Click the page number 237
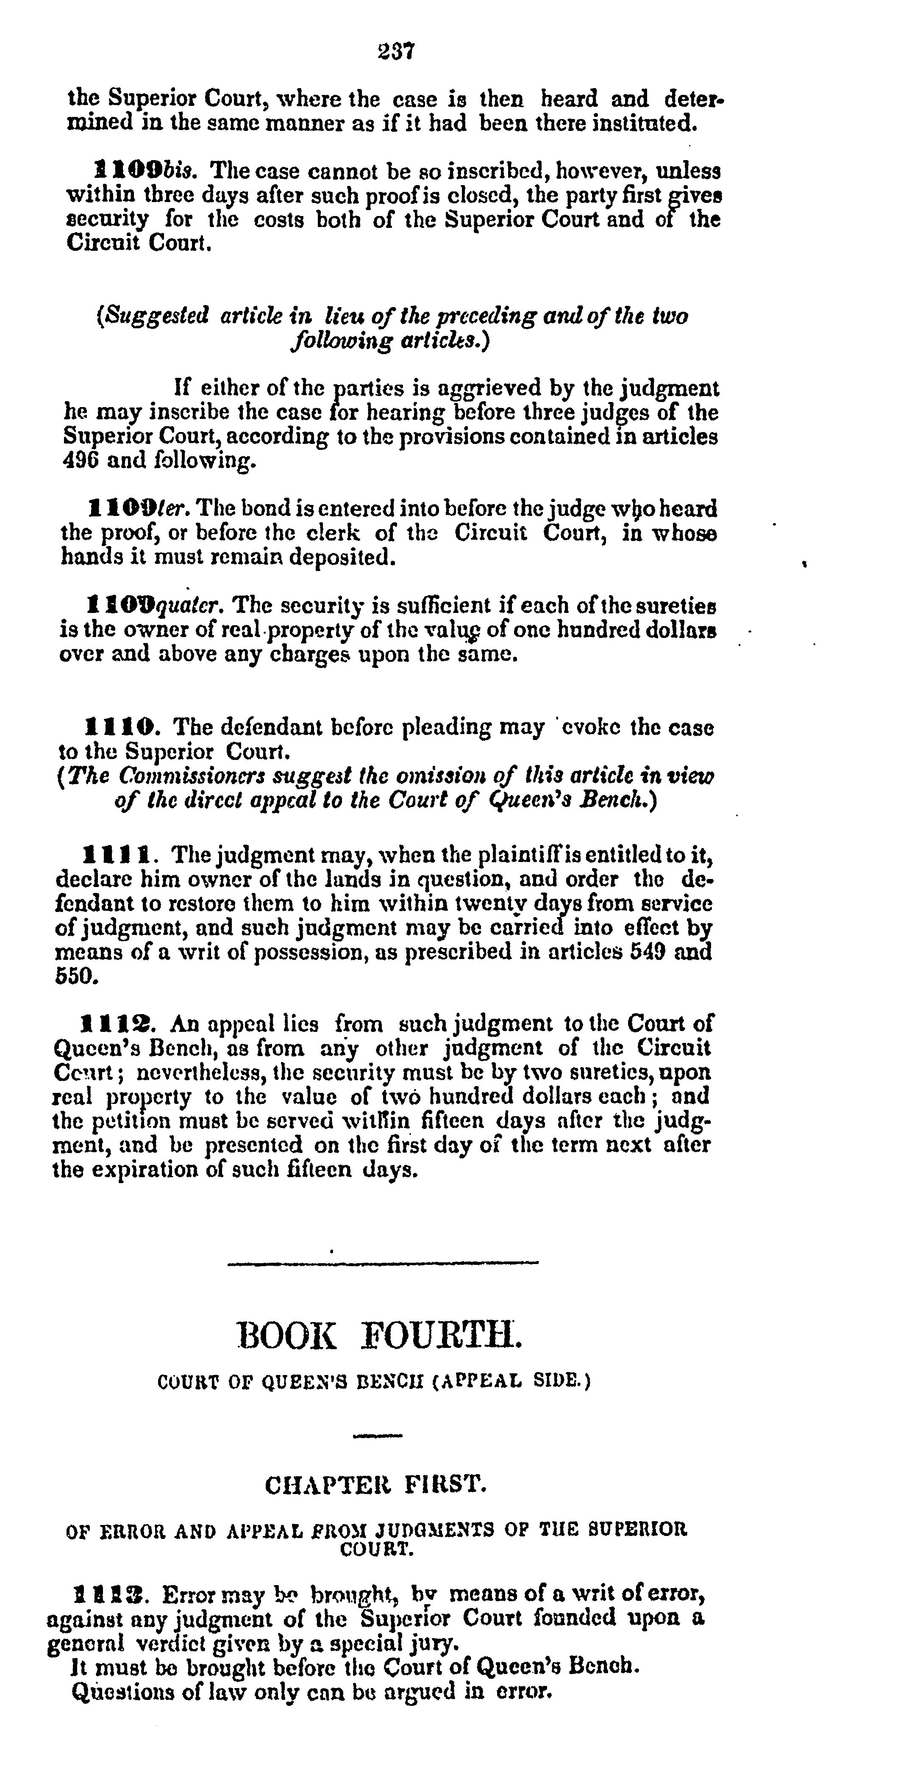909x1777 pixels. tap(395, 51)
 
